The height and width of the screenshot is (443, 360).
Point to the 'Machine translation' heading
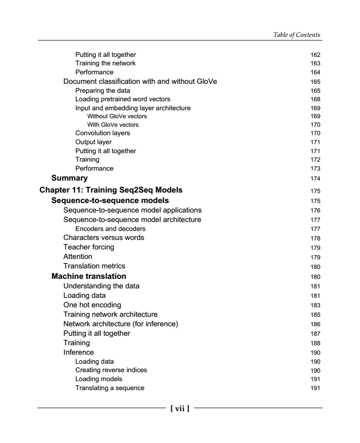pyautogui.click(x=89, y=276)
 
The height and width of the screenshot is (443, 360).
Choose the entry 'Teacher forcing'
pyautogui.click(x=88, y=247)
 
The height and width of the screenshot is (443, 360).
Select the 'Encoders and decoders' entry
pyautogui.click(x=110, y=229)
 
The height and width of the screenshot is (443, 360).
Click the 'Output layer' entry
pyautogui.click(x=93, y=142)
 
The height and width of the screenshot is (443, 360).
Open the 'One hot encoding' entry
pyautogui.click(x=92, y=304)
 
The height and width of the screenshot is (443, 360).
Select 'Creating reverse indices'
pyautogui.click(x=111, y=370)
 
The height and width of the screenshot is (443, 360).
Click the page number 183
pyautogui.click(x=315, y=305)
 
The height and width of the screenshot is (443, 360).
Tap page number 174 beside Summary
pyautogui.click(x=315, y=178)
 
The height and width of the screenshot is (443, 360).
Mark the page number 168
pyautogui.click(x=315, y=99)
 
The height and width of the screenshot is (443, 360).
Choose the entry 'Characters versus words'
pyautogui.click(x=103, y=237)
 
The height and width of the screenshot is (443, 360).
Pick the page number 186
pyautogui.click(x=315, y=324)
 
